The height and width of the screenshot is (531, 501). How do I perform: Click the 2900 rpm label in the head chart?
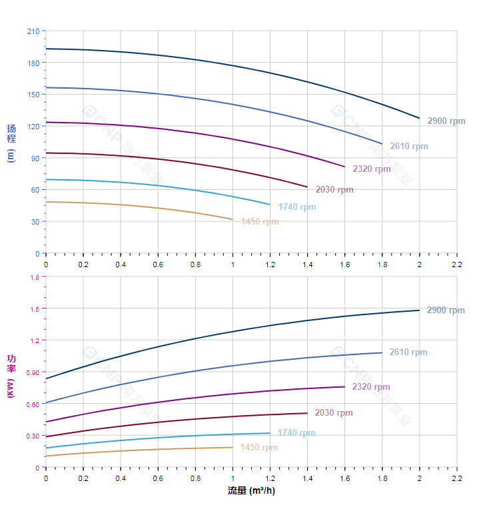point(446,121)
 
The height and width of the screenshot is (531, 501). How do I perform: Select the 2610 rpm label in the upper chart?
point(409,147)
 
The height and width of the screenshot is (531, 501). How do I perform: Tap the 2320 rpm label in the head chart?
point(372,169)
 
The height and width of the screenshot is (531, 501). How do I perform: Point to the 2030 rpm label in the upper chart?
point(334,190)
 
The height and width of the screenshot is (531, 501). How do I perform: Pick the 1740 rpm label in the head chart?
point(297,207)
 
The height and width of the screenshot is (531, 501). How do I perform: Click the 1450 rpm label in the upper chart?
point(260,222)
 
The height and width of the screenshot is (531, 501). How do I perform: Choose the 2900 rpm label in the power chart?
point(446,310)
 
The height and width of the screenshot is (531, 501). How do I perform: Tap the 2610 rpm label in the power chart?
point(408,352)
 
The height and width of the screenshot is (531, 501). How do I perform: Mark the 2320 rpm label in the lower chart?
point(371,387)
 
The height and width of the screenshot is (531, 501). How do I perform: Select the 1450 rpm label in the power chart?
point(259,448)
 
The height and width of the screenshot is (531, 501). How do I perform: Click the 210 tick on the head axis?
point(33,31)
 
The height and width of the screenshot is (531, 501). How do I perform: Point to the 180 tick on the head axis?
point(33,63)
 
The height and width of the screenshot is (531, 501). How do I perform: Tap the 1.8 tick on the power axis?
point(34,277)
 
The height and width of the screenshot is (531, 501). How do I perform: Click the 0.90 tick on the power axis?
point(33,372)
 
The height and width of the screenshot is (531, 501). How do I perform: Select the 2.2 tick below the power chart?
point(457,478)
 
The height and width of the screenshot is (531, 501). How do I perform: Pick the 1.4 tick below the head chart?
point(308,265)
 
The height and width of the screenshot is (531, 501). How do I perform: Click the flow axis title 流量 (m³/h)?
point(251,491)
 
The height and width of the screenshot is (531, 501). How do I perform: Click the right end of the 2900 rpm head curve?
point(420,118)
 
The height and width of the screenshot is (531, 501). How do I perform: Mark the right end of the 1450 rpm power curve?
point(233,447)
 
